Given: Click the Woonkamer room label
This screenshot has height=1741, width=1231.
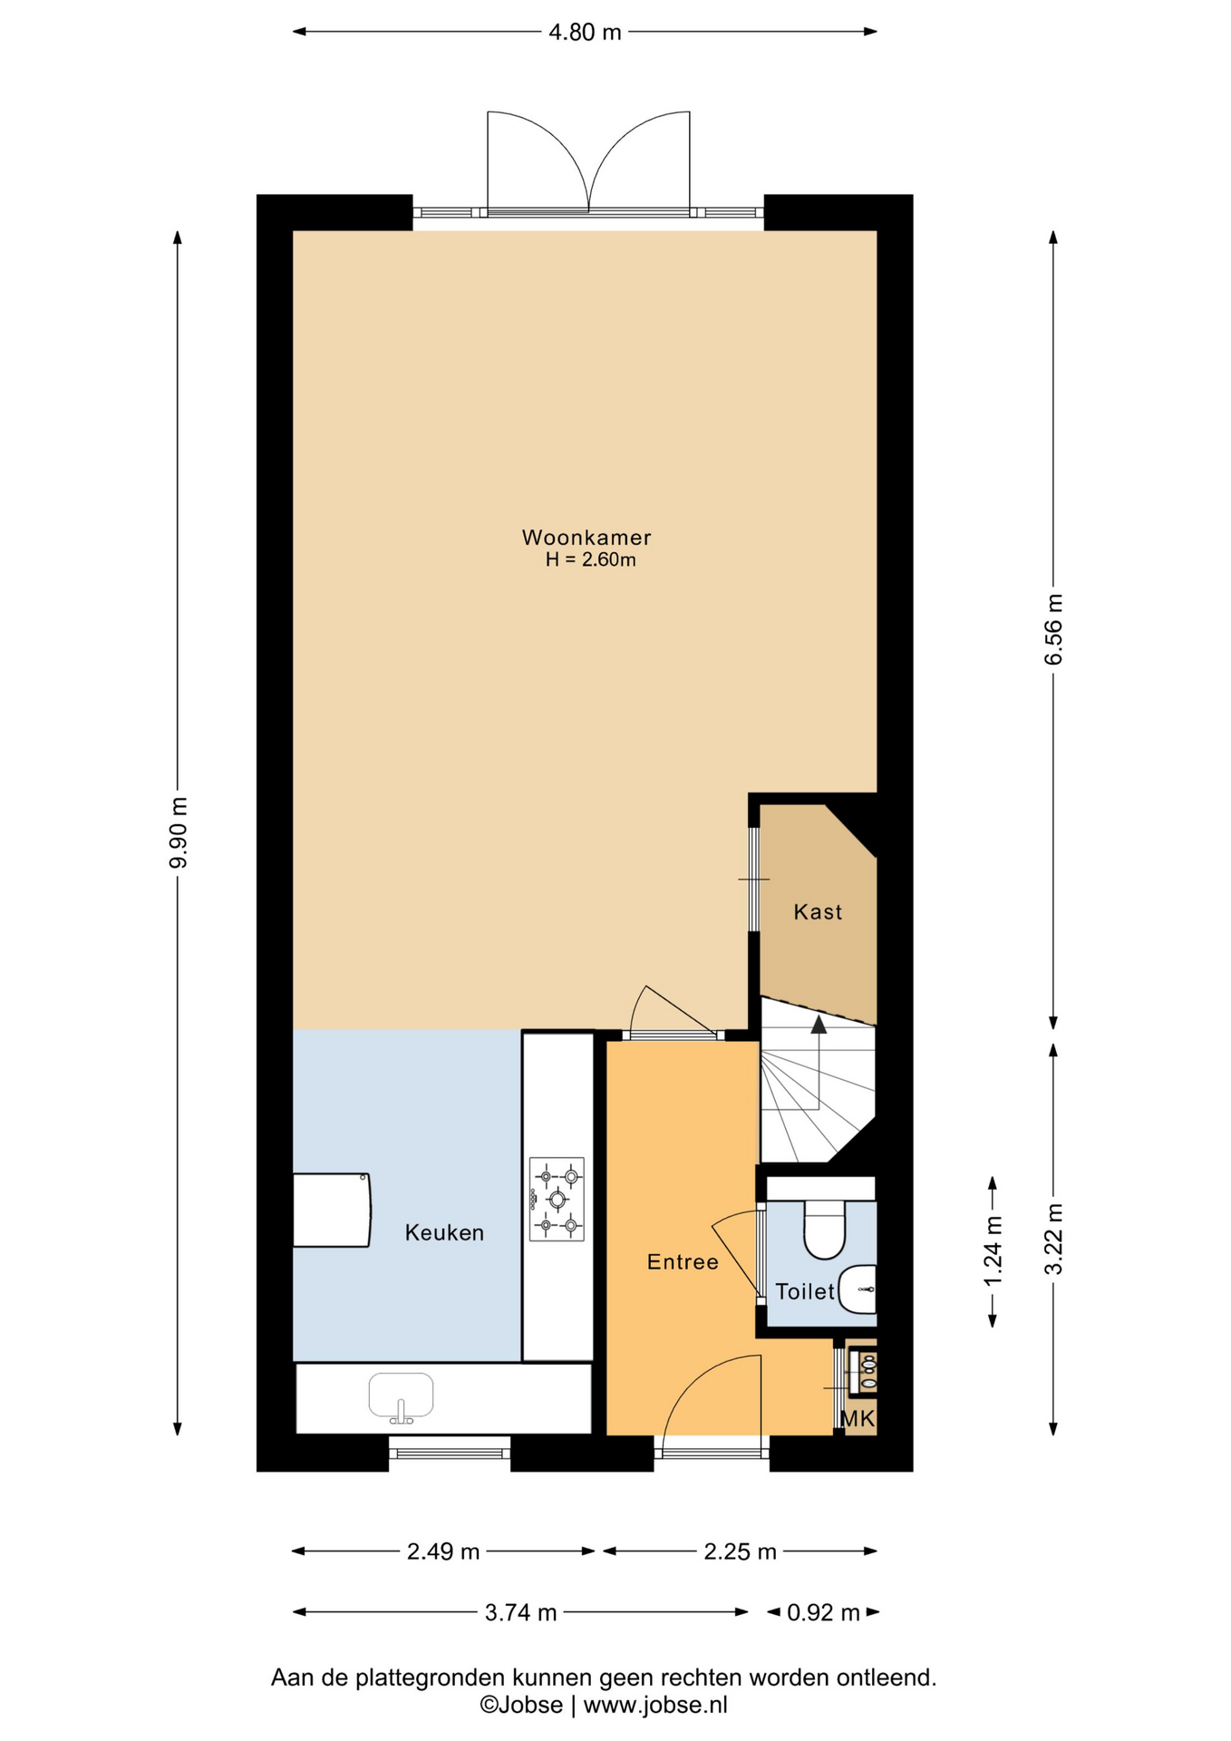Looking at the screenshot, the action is pos(586,537).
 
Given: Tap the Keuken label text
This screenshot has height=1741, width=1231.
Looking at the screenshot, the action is pos(444,1232).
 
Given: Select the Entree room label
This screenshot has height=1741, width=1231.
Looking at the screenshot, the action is pos(683,1261).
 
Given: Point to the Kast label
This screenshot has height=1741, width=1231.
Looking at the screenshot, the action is pos(818,911).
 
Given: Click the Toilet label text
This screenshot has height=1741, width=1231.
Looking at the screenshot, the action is pos(805,1291).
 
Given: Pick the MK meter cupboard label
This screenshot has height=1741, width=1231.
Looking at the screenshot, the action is pos(858,1419).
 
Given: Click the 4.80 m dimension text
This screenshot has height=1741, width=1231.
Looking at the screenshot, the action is pos(586,32).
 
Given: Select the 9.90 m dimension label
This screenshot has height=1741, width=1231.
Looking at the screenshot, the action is pos(178,832).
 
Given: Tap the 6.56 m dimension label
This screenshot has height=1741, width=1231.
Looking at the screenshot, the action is pos(1053,629).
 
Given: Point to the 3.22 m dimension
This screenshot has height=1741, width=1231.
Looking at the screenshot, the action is pos(1053,1239).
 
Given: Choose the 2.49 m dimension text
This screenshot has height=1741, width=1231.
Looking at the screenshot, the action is pos(443,1551).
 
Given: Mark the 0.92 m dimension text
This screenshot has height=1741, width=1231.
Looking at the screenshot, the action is pos(823,1612).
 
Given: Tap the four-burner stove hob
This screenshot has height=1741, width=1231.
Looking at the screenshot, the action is pos(557,1199).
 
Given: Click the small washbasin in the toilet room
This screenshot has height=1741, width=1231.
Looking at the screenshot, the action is pos(858,1289).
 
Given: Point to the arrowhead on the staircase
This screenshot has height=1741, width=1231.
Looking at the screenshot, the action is pos(819,1025).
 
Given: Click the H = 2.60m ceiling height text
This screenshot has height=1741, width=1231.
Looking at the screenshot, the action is pos(590,560).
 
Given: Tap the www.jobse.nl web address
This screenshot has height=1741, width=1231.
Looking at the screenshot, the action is pos(655,1706).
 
